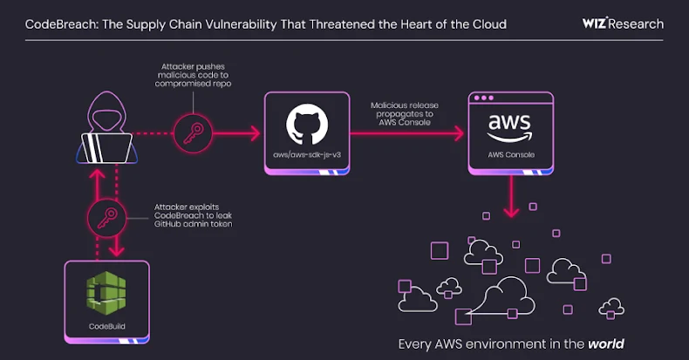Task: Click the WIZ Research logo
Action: coord(622,24)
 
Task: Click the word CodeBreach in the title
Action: coord(54,24)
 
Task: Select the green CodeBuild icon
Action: coord(106,294)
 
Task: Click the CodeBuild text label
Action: coord(106,326)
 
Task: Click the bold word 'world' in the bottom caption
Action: coord(605,343)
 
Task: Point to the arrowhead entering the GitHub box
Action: coord(256,133)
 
